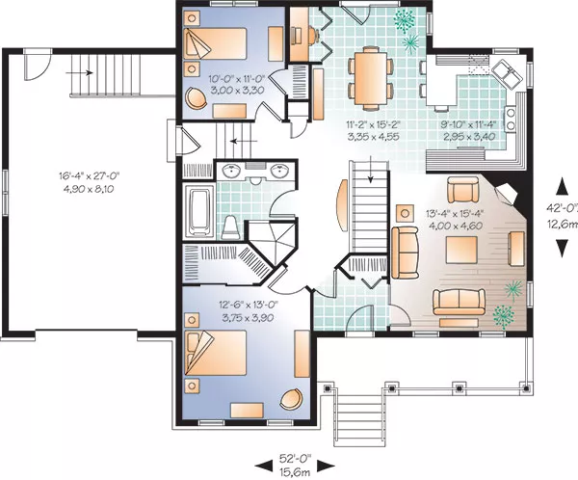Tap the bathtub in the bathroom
pyautogui.click(x=199, y=211)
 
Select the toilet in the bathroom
pyautogui.click(x=231, y=227)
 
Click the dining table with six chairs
pyautogui.click(x=371, y=79)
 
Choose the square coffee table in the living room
pyautogui.click(x=461, y=250)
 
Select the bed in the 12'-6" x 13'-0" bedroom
pyautogui.click(x=215, y=353)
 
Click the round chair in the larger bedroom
pyautogui.click(x=292, y=400)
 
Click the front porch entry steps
pyautogui.click(x=359, y=419)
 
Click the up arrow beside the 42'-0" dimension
pyautogui.click(x=562, y=186)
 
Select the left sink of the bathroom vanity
pyautogui.click(x=231, y=171)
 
